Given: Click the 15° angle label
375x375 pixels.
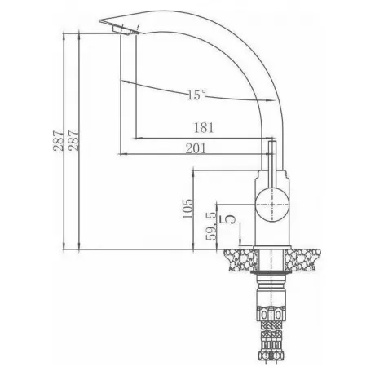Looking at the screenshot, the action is point(197,95).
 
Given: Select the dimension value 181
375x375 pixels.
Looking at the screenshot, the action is point(204,128).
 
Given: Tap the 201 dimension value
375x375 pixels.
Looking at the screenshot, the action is point(196,148).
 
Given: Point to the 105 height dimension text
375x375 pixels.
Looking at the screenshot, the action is point(187,209).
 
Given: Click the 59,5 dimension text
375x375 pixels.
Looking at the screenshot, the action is point(211,226).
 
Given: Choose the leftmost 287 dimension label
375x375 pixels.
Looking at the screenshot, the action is point(58,141).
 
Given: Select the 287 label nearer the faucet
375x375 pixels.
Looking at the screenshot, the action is point(73,141).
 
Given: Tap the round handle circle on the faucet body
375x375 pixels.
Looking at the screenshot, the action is point(272,205).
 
